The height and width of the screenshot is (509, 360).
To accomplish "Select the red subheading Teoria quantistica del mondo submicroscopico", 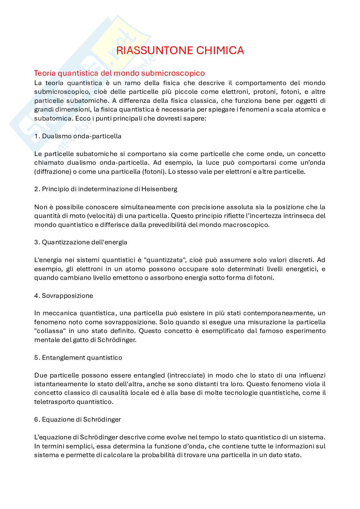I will [x=119, y=73].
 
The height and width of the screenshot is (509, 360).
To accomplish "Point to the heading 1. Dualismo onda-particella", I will [x=78, y=136].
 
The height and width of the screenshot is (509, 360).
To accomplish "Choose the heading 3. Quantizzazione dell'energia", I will [x=81, y=242].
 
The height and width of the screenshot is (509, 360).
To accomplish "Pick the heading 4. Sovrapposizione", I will [x=64, y=296].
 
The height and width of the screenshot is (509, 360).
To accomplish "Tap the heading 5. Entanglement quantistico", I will [x=78, y=357].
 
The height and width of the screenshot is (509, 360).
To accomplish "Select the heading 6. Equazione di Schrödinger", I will [x=77, y=419].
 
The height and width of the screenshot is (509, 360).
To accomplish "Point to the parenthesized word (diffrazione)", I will [x=53, y=171].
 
